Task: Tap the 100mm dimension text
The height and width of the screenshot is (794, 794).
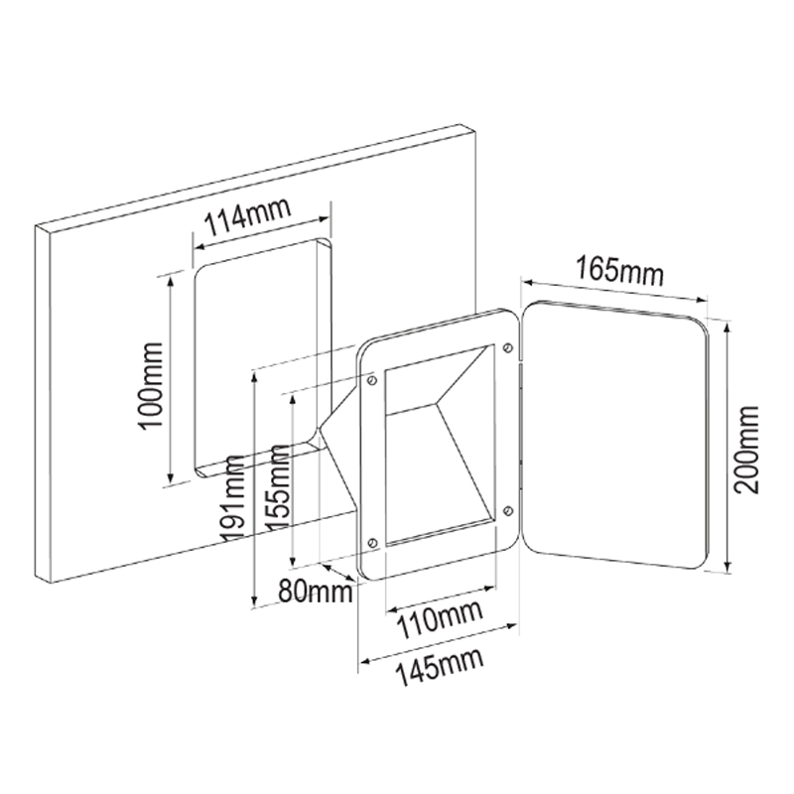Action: (x=152, y=386)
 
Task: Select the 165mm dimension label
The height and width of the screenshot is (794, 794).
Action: (x=619, y=271)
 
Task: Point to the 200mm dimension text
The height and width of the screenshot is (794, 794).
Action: (x=747, y=450)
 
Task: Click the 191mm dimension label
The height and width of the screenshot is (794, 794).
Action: (x=234, y=497)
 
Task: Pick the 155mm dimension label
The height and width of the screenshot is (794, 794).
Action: (x=278, y=487)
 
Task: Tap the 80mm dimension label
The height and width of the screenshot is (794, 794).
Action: (x=316, y=591)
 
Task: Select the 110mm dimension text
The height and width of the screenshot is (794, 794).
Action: (x=439, y=619)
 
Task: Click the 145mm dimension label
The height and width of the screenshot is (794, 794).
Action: (x=439, y=667)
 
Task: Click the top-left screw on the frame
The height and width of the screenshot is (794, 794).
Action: (x=372, y=380)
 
